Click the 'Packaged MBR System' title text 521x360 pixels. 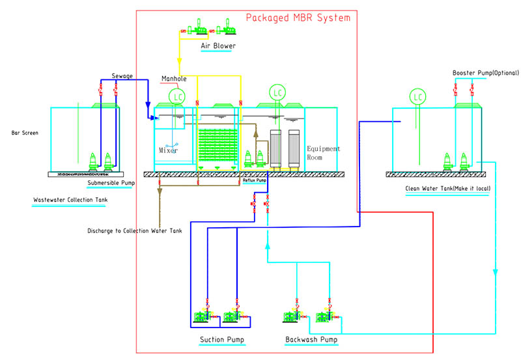[298, 18]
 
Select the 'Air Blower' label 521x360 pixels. [218, 46]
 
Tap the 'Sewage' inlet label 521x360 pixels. [122, 76]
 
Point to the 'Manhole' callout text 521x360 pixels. [174, 79]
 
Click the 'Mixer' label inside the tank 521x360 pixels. [168, 150]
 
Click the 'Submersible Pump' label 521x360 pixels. [111, 183]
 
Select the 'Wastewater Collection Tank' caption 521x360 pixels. [70, 199]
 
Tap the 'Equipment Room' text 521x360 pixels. [323, 153]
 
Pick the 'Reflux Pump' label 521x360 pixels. [255, 180]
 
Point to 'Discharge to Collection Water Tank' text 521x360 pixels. [135, 230]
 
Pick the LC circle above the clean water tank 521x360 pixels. [417, 98]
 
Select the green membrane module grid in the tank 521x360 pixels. [218, 146]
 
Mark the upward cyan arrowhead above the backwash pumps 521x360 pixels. [267, 246]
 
